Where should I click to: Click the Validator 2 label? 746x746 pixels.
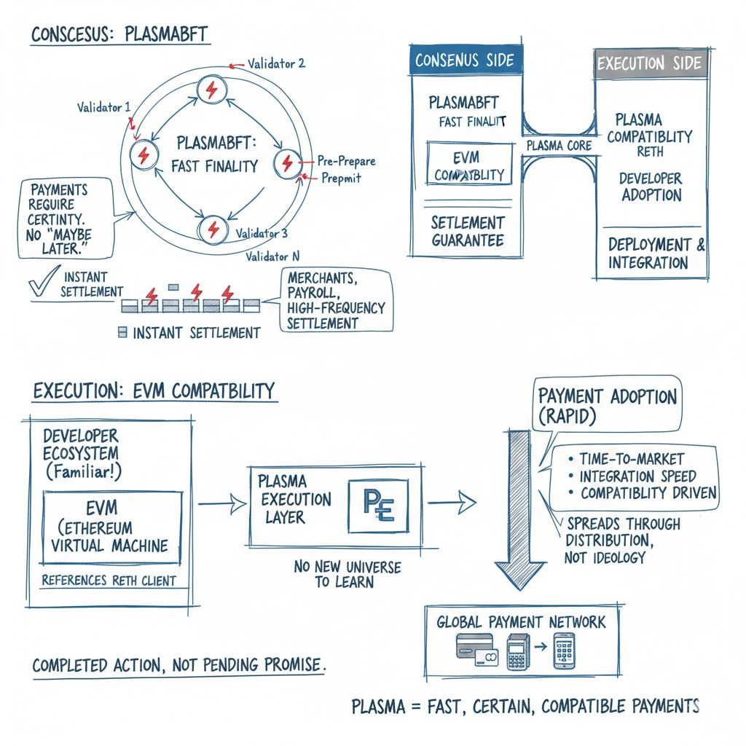[276, 63]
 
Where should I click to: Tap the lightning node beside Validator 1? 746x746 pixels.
[144, 154]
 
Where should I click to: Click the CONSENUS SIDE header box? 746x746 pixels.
[464, 60]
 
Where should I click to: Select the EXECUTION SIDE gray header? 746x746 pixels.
[651, 63]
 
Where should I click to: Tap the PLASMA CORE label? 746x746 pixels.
[559, 146]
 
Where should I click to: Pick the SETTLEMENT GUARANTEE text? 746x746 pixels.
[467, 231]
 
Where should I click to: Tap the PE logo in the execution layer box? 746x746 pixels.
[378, 504]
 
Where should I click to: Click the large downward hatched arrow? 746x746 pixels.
[519, 510]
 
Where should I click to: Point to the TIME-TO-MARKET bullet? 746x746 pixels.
[630, 458]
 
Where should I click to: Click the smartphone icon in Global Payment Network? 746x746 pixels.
[564, 650]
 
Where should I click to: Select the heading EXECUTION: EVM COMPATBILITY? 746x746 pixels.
[154, 390]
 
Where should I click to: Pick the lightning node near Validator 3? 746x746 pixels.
[213, 228]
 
